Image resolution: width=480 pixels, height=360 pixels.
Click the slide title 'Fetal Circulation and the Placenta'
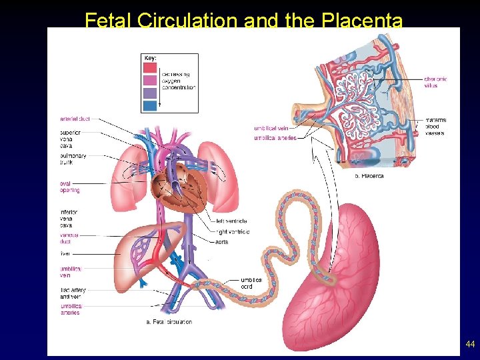pos(243,20)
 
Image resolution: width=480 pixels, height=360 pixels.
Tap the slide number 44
pos(470,344)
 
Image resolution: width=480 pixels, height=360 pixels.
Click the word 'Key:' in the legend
pos(151,59)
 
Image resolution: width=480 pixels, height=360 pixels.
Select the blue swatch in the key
pos(150,105)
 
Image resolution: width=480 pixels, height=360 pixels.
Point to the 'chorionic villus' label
pos(435,82)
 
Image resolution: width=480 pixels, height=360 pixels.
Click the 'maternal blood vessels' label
pos(435,126)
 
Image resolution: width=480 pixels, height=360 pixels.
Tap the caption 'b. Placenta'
pos(369,176)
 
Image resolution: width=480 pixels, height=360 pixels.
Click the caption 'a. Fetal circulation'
pos(169,322)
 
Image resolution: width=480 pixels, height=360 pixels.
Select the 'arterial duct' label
pos(75,119)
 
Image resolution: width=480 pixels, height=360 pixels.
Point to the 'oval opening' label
pos(69,187)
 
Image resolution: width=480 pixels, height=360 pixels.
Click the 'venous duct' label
pos(69,238)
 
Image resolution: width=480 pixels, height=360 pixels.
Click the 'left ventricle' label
pos(231,221)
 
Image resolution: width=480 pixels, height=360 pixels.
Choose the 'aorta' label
pos(221,242)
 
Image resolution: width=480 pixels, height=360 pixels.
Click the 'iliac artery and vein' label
pos(73,293)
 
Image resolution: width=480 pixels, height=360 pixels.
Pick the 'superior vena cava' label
pos(70,139)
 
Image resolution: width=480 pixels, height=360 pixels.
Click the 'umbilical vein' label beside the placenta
pos(271,127)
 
